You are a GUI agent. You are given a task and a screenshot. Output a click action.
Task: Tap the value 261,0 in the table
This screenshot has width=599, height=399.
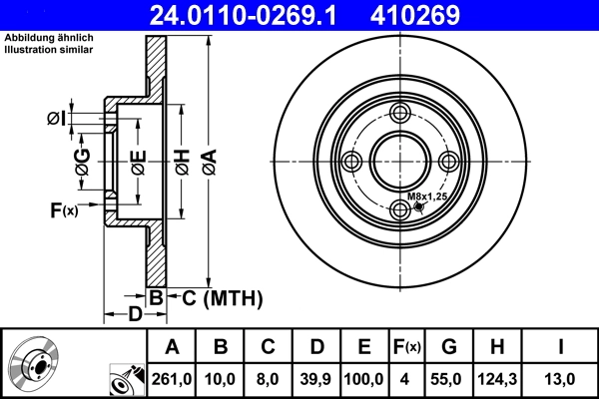point(172,379)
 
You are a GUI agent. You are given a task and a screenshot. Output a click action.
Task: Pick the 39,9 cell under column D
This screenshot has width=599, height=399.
point(316,379)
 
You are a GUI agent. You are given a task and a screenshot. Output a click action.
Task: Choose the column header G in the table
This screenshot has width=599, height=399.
point(449,348)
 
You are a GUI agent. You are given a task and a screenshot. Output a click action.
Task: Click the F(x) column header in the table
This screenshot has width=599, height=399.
point(405,348)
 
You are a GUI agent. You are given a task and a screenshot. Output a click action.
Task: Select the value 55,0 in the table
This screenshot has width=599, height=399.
point(449,379)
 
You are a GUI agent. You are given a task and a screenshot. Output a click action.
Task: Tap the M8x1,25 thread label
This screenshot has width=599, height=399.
point(427,198)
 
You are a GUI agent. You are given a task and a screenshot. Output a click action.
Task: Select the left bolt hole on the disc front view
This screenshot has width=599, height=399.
point(350,163)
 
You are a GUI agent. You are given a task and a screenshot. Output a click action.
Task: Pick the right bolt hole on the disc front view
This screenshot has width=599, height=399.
point(450,163)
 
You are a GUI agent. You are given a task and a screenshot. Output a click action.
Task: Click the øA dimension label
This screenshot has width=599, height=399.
point(208,159)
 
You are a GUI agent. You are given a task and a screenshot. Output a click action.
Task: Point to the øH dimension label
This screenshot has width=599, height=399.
point(181,159)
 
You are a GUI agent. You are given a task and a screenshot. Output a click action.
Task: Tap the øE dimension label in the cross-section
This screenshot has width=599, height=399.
point(137,160)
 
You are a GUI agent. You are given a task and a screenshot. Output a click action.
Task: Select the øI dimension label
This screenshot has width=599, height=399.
point(56,120)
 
